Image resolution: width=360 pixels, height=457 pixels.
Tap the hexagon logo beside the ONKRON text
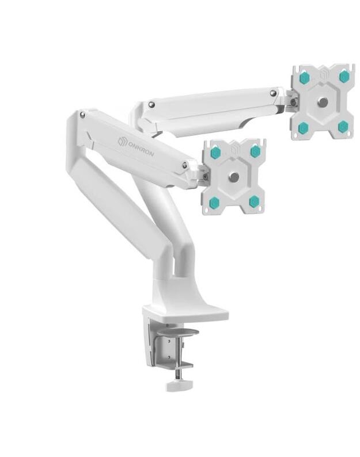click(122, 140)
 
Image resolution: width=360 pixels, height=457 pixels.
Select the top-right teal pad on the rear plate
click(344, 76)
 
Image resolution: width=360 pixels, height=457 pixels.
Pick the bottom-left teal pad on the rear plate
click(304, 127)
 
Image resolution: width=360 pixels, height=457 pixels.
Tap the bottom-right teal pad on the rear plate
click(343, 126)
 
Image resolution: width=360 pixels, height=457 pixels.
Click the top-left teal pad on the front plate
click(215, 153)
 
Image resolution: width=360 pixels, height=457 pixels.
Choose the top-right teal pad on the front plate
click(255, 151)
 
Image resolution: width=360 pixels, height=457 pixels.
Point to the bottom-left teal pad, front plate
click(214, 202)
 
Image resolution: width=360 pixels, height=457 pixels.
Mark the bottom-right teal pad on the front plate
click(254, 201)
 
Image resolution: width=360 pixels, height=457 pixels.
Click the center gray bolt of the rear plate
click(323, 102)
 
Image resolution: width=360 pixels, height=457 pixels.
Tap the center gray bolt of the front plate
click(234, 177)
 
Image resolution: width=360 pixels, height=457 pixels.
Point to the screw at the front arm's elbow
click(82, 115)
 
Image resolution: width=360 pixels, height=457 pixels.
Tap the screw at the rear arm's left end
click(151, 104)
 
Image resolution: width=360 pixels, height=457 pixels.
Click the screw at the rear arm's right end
click(273, 92)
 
